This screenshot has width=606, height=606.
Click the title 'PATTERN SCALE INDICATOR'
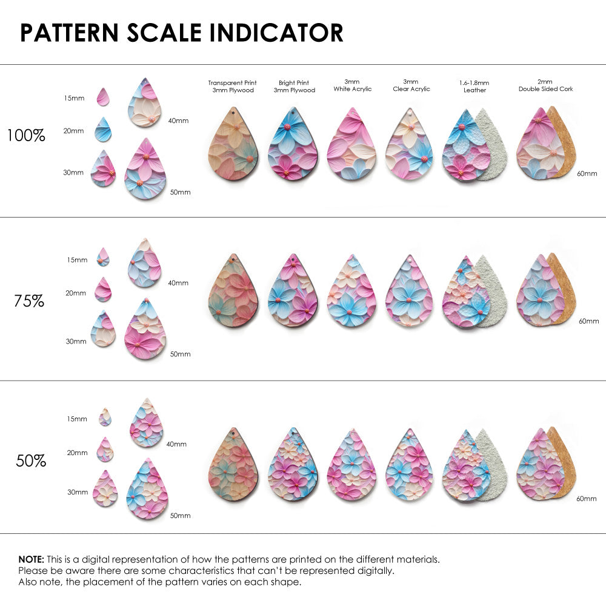[x=182, y=33]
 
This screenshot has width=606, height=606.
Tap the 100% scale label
[x=26, y=136]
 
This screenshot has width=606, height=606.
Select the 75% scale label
[x=29, y=301]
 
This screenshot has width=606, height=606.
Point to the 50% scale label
[x=31, y=461]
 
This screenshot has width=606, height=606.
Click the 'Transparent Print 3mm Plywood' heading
[x=232, y=86]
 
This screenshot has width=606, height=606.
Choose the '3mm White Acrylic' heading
[x=352, y=85]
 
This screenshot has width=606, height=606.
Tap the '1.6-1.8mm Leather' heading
[x=474, y=86]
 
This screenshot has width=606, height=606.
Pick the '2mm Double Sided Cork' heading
[x=545, y=85]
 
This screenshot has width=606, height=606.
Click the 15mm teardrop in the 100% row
[x=103, y=97]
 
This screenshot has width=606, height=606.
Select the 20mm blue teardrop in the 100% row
[x=103, y=130]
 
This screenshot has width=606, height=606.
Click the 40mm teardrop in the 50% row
[x=145, y=424]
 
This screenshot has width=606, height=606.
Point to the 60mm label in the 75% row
[x=588, y=321]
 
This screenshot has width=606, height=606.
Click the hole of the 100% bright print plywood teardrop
[x=293, y=113]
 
